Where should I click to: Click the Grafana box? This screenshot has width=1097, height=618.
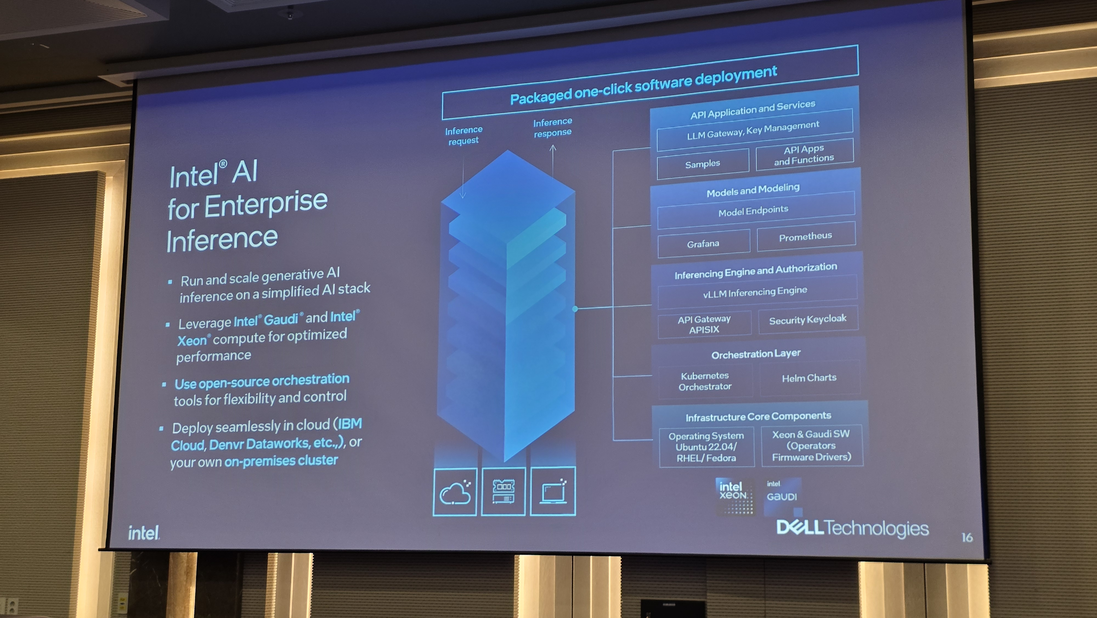pyautogui.click(x=703, y=244)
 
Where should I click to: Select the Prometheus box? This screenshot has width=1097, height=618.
pyautogui.click(x=806, y=237)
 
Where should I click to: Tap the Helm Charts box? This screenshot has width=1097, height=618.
pyautogui.click(x=809, y=378)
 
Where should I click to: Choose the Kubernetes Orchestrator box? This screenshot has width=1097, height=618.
pyautogui.click(x=705, y=381)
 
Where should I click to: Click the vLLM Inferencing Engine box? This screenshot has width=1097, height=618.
pyautogui.click(x=755, y=292)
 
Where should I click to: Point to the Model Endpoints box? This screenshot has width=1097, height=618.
pyautogui.click(x=753, y=210)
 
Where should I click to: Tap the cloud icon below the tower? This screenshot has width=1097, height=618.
pyautogui.click(x=455, y=492)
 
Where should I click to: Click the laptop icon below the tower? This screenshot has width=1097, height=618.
pyautogui.click(x=553, y=491)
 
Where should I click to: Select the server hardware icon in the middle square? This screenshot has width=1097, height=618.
pyautogui.click(x=503, y=491)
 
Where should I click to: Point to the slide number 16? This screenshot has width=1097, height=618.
pyautogui.click(x=967, y=537)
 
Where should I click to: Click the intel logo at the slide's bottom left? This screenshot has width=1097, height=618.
pyautogui.click(x=143, y=533)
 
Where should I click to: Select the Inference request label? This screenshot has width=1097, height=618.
pyautogui.click(x=464, y=135)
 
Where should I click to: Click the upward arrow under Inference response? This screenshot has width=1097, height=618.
pyautogui.click(x=553, y=160)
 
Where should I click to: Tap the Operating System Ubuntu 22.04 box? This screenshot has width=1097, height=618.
pyautogui.click(x=706, y=447)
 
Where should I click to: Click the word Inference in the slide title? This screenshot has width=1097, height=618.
pyautogui.click(x=222, y=240)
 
